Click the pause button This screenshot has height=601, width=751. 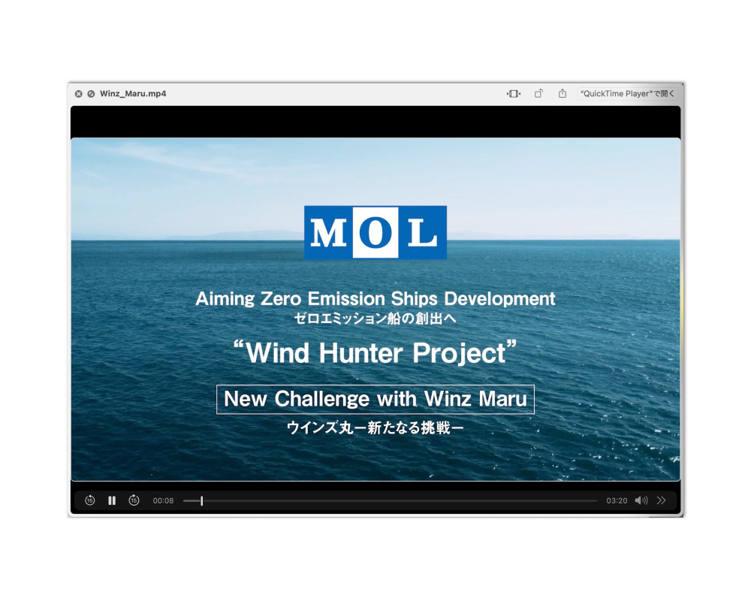[x=112, y=500]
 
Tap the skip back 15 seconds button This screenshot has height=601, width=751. [x=89, y=500]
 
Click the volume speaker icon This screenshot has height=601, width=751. [x=641, y=500]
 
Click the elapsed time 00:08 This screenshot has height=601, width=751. [x=163, y=500]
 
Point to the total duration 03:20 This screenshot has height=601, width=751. [x=617, y=500]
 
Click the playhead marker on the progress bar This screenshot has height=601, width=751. [x=201, y=500]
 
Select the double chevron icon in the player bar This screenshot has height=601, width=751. [x=662, y=500]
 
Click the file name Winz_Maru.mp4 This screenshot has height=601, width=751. [x=133, y=93]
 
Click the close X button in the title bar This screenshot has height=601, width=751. [x=79, y=94]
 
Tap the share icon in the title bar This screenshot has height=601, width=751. [x=562, y=93]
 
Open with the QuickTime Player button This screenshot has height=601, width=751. [x=627, y=93]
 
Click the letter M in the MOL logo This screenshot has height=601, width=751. [x=328, y=233]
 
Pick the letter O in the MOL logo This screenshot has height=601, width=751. [x=375, y=233]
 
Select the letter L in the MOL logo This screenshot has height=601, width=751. [x=422, y=233]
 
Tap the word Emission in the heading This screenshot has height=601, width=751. [x=346, y=298]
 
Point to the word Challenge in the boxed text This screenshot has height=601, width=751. [x=322, y=399]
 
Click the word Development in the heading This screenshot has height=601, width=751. [x=499, y=299]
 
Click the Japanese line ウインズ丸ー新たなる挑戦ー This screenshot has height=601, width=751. [x=375, y=427]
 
